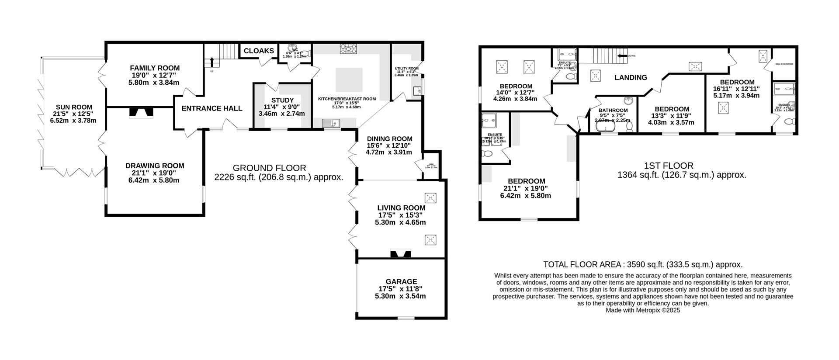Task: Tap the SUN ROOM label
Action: tap(74, 107)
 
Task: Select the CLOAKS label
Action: tap(259, 51)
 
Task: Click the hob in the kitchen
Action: tap(348, 49)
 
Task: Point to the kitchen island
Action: tap(349, 80)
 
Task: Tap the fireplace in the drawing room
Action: tap(141, 113)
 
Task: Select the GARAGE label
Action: tap(401, 282)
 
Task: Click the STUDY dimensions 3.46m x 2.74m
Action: tap(281, 114)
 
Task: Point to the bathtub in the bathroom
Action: tap(606, 127)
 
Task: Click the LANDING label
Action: tap(630, 78)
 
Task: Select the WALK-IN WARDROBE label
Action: tap(784, 64)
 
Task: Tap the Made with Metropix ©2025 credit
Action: tap(642, 310)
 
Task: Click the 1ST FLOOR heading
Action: tap(668, 166)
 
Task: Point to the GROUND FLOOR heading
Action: tap(269, 168)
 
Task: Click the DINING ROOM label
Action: tap(389, 139)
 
